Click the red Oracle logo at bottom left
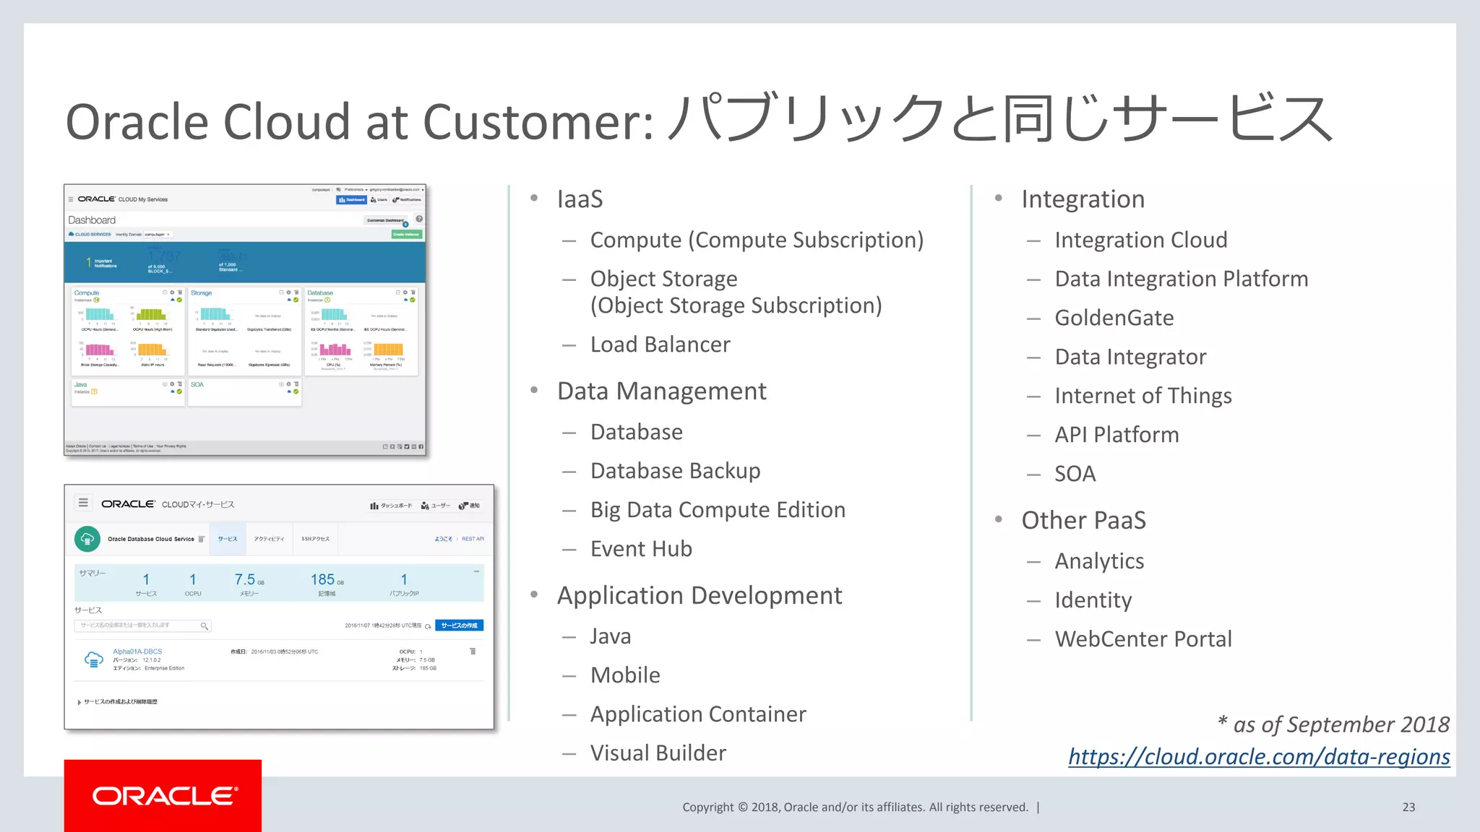point(163,795)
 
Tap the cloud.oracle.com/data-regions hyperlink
point(1259,756)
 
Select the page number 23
point(1408,807)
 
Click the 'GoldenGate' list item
point(1114,318)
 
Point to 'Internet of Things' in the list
point(1143,396)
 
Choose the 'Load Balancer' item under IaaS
point(660,344)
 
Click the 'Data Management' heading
point(661,391)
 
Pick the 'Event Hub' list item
point(641,549)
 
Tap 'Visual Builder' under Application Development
point(658,753)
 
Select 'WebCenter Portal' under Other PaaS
point(1143,639)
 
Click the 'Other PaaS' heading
point(1083,520)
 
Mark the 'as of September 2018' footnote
point(1333,724)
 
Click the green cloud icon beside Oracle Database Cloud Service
point(87,539)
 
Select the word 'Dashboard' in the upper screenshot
point(92,220)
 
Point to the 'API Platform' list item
point(1117,435)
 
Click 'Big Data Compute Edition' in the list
point(718,510)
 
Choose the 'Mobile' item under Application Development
point(625,675)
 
